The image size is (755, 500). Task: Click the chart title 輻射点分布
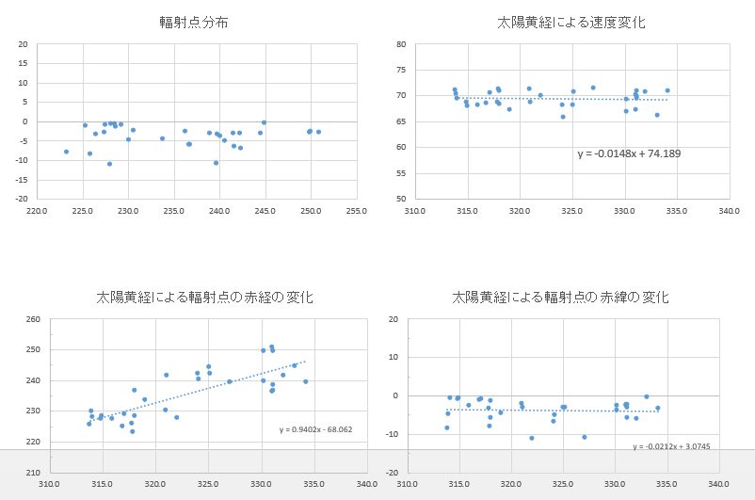pyautogui.click(x=194, y=22)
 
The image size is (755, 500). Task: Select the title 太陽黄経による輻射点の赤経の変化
pyautogui.click(x=204, y=297)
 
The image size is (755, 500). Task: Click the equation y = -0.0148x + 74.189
pyautogui.click(x=629, y=153)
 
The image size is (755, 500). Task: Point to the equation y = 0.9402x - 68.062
pyautogui.click(x=315, y=429)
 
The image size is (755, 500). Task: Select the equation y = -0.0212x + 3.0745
pyautogui.click(x=671, y=446)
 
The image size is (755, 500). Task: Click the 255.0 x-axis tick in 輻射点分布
pyautogui.click(x=356, y=210)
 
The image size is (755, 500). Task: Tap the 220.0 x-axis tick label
pyautogui.click(x=38, y=210)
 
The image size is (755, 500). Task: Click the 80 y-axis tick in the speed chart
pyautogui.click(x=400, y=44)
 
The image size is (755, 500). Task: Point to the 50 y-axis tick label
pyautogui.click(x=400, y=199)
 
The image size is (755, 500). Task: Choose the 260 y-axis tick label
pyautogui.click(x=33, y=319)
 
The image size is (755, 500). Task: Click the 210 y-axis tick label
pyautogui.click(x=33, y=473)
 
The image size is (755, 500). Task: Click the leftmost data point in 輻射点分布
pyautogui.click(x=66, y=152)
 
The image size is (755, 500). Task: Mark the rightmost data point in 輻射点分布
pyautogui.click(x=318, y=132)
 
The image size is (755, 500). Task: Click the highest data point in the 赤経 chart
pyautogui.click(x=271, y=347)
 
